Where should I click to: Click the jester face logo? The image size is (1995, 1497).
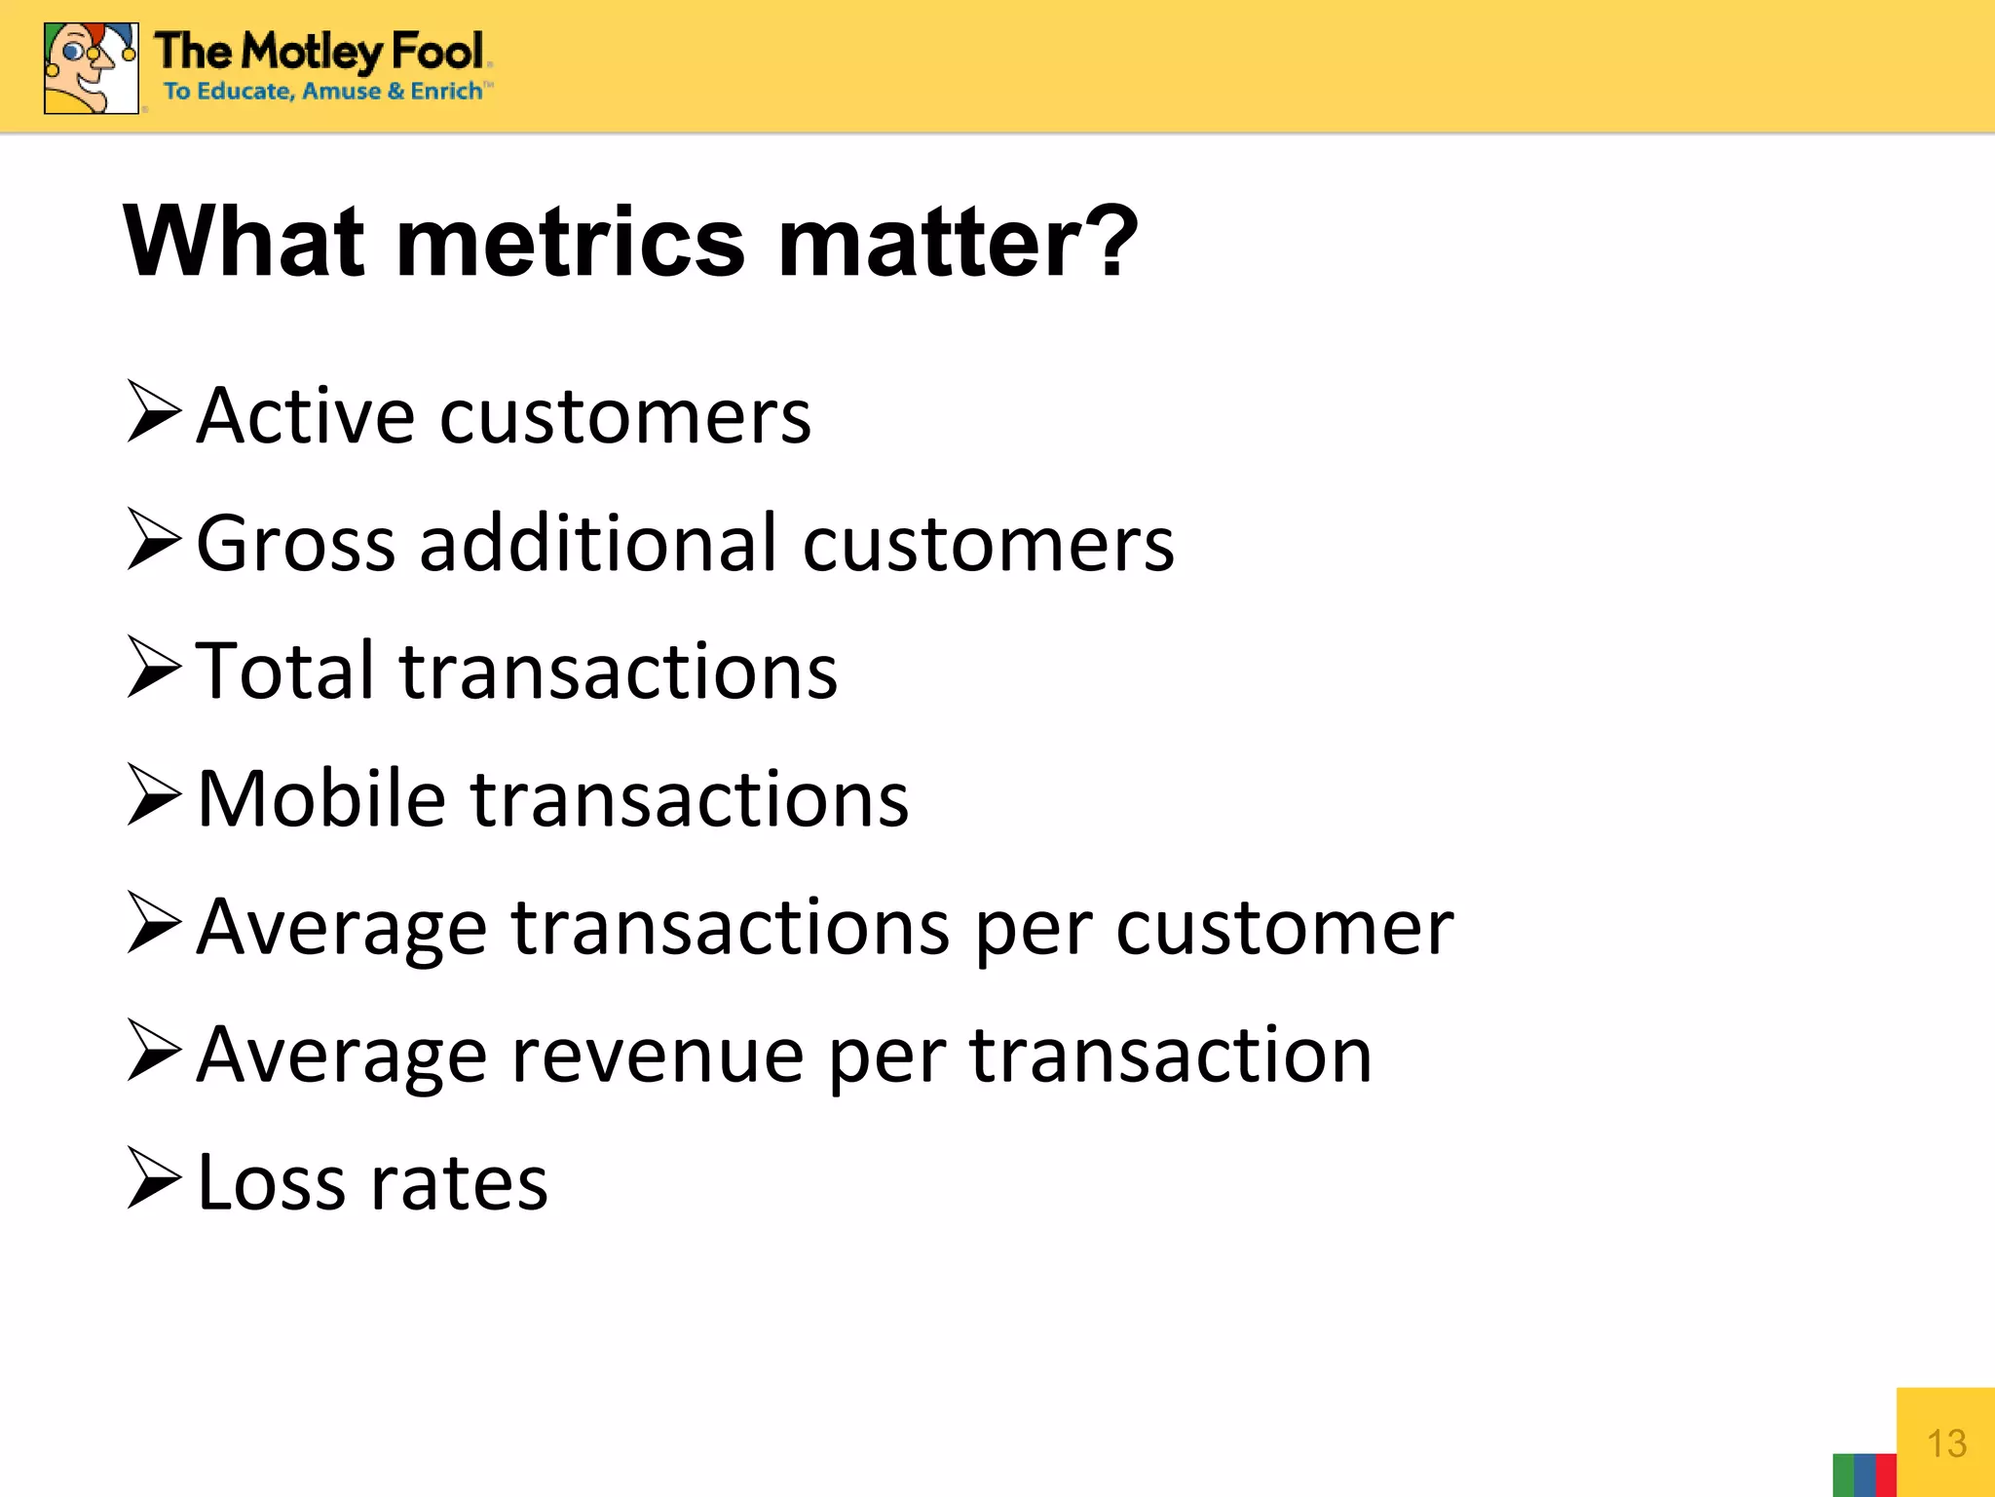(x=91, y=68)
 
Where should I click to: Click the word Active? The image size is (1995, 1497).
(x=305, y=416)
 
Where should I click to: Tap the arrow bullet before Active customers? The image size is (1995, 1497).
(x=154, y=412)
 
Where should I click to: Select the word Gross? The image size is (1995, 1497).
(x=295, y=544)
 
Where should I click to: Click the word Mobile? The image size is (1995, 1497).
(x=320, y=799)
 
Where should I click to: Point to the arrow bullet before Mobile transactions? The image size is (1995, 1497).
(x=154, y=795)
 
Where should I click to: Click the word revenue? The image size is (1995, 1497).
(x=657, y=1056)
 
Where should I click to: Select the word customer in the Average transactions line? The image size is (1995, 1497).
(x=1284, y=928)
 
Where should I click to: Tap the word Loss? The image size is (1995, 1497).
(x=270, y=1183)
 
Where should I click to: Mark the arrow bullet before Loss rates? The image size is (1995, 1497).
(x=154, y=1178)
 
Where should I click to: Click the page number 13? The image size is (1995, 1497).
(x=1946, y=1443)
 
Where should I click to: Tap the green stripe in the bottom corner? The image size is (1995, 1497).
(x=1842, y=1476)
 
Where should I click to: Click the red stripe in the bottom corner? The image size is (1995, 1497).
(x=1886, y=1476)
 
